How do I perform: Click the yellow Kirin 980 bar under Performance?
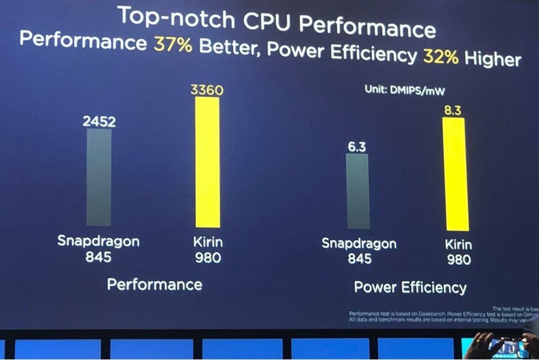pyautogui.click(x=208, y=162)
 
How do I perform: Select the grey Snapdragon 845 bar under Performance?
pyautogui.click(x=99, y=177)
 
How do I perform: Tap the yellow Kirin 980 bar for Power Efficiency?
pyautogui.click(x=454, y=174)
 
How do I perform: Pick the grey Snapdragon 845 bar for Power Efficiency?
pyautogui.click(x=357, y=191)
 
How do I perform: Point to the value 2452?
pyautogui.click(x=99, y=121)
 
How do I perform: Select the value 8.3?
pyautogui.click(x=453, y=109)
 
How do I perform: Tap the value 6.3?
pyautogui.click(x=356, y=145)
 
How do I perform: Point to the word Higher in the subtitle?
pyautogui.click(x=492, y=59)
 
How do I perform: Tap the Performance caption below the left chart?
pyautogui.click(x=154, y=284)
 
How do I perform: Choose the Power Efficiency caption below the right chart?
pyautogui.click(x=410, y=288)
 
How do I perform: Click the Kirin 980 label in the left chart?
pyautogui.click(x=208, y=249)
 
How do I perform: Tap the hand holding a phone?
pyautogui.click(x=502, y=344)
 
